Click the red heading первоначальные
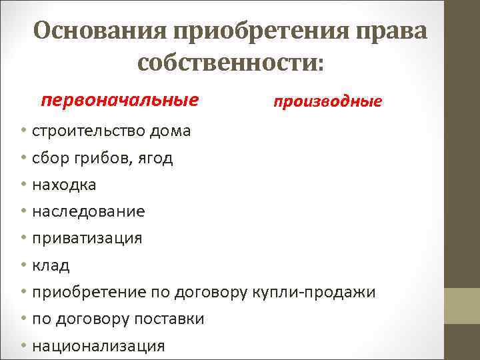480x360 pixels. (x=119, y=101)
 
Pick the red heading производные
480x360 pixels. (x=327, y=102)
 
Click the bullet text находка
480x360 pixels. (x=64, y=185)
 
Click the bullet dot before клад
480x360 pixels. (x=23, y=265)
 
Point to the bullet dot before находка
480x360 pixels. (x=23, y=184)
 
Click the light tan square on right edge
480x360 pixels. (x=463, y=306)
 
